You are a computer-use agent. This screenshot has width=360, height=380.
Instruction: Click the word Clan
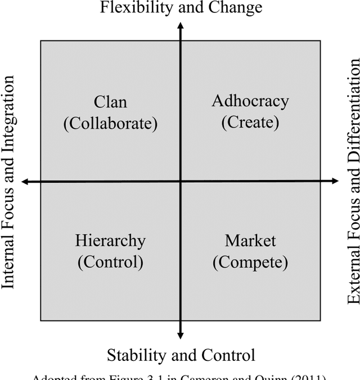pyautogui.click(x=110, y=102)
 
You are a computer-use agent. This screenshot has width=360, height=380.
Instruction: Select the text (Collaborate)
pyautogui.click(x=110, y=123)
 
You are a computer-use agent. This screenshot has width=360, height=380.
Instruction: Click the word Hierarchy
pyautogui.click(x=110, y=241)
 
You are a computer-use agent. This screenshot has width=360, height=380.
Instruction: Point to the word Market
pyautogui.click(x=250, y=241)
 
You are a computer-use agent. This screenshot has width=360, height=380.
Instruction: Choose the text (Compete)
pyautogui.click(x=250, y=262)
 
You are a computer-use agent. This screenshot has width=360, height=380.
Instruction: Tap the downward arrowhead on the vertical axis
pyautogui.click(x=180, y=335)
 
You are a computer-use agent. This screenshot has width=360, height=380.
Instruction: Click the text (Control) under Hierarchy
pyautogui.click(x=110, y=262)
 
